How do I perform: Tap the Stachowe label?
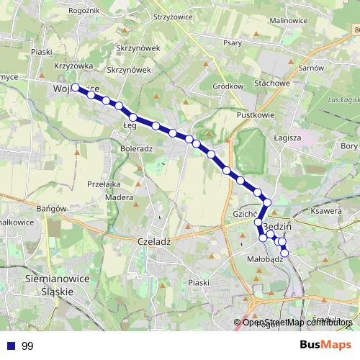click(271, 83)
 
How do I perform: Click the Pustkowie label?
click(251, 114)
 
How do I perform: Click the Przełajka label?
click(102, 184)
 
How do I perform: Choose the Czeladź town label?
click(153, 242)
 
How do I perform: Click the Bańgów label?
click(51, 209)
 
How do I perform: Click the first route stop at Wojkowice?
click(76, 88)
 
